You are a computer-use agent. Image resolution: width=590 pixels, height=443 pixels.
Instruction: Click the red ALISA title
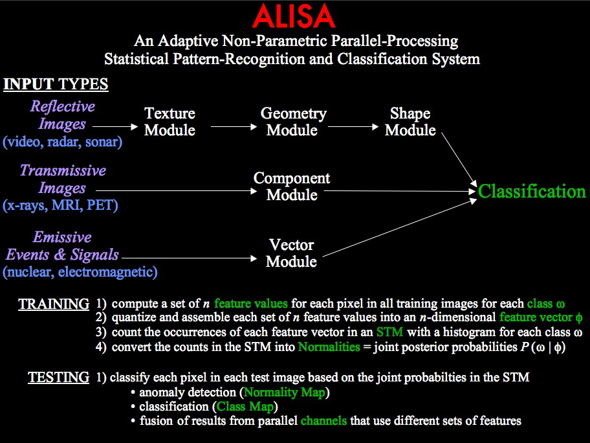294,17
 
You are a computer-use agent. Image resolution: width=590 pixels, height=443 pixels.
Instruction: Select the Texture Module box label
169,122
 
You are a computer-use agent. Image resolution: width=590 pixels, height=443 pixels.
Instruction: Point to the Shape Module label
410,122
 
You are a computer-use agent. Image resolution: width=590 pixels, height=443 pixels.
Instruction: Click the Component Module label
292,187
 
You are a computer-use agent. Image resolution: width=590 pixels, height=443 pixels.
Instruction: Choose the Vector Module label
292,253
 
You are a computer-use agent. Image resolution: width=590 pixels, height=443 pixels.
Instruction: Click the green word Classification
532,192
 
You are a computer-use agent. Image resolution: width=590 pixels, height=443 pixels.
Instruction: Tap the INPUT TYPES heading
56,85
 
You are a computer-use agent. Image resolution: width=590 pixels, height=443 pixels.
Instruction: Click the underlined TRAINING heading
54,304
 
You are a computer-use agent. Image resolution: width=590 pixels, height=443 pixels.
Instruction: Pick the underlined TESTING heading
58,378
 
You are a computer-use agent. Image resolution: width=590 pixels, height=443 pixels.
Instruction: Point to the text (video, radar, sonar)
62,141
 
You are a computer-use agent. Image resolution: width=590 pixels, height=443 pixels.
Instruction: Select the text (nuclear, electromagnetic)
80,272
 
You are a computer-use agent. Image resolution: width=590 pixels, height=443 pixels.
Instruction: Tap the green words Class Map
246,407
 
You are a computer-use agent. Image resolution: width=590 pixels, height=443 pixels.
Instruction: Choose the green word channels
323,421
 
